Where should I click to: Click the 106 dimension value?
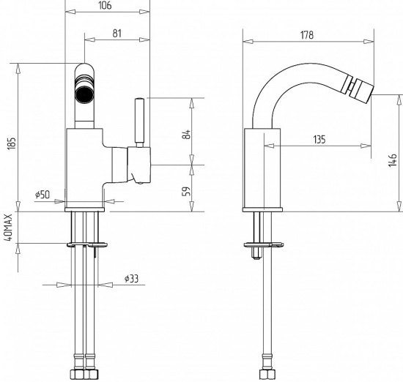point(105,5)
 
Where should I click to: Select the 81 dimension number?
point(117,34)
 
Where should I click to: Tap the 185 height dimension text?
point(12,143)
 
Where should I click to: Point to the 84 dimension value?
point(187,134)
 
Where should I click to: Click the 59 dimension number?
point(187,191)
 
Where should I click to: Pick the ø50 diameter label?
point(42,195)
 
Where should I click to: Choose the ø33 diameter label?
point(131,279)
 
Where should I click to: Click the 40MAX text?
point(9,227)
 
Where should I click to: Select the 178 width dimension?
point(307,35)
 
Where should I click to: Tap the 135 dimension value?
point(319,139)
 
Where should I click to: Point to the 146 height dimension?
point(393,160)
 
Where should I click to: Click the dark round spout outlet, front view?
point(84,94)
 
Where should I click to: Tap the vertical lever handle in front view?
point(139,122)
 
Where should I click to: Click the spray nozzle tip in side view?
point(363,91)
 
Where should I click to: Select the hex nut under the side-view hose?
point(267,375)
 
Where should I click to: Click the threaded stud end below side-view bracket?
point(256,253)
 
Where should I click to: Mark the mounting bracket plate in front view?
point(87,244)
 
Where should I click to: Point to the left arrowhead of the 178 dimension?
point(248,41)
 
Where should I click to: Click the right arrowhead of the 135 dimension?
point(366,146)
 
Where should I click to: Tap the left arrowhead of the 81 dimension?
point(89,40)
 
